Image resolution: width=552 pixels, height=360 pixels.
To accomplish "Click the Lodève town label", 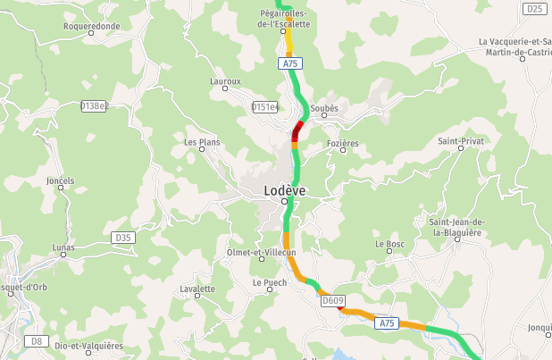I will (x=285, y=190).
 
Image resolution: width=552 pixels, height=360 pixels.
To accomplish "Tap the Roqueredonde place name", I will (x=91, y=26).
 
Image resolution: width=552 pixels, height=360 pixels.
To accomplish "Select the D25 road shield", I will (x=534, y=9).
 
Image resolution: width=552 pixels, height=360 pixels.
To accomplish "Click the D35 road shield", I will (x=123, y=238).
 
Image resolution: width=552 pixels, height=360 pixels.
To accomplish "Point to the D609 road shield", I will (x=332, y=301).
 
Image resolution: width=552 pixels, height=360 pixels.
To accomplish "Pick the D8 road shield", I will (x=36, y=340).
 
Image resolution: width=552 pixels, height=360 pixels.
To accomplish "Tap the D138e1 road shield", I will (x=94, y=105).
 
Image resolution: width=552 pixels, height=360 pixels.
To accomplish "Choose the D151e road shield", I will (x=265, y=107).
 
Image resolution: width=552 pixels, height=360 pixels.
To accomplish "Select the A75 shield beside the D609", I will (x=386, y=322).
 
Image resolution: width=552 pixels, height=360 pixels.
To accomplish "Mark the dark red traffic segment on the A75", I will (x=297, y=131).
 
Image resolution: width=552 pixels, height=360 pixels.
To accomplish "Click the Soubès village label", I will (x=325, y=109).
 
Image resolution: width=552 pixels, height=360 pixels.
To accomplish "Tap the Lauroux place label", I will (x=225, y=81).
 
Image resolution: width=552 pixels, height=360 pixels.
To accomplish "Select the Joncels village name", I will (x=61, y=180).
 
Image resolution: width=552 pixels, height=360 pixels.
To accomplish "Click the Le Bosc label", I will (x=390, y=243).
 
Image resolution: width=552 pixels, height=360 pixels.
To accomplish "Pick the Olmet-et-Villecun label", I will (x=262, y=253).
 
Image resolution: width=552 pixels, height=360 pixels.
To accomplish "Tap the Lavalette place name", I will (x=197, y=289).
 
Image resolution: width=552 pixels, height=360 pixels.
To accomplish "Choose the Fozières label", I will (x=342, y=143).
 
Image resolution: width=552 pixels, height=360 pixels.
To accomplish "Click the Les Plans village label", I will (x=202, y=142).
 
